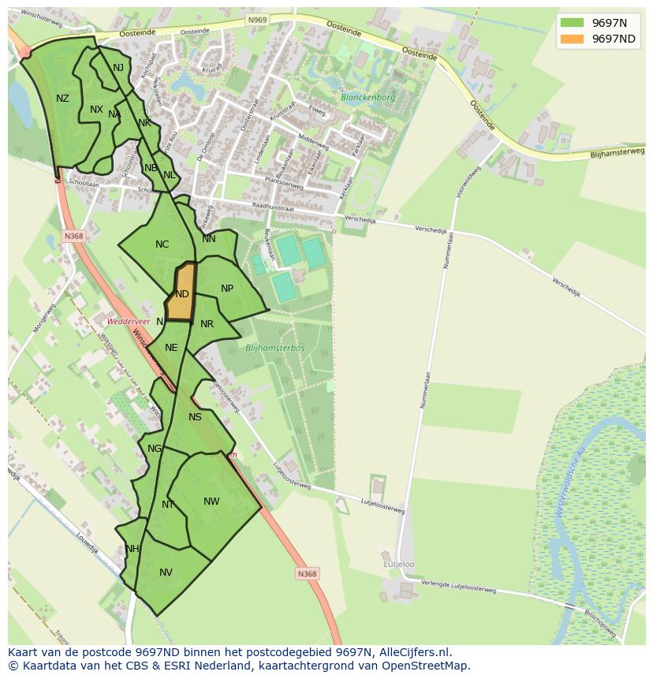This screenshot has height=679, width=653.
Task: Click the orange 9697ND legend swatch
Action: (573, 39)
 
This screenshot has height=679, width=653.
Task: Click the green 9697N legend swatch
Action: (573, 22)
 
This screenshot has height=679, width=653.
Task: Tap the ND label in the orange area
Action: (182, 294)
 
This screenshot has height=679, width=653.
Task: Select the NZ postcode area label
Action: (62, 99)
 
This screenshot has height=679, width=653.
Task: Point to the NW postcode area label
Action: (211, 502)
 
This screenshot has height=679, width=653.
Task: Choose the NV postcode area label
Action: (166, 573)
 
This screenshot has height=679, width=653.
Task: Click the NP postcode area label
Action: (227, 289)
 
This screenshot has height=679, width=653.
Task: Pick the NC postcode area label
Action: (162, 244)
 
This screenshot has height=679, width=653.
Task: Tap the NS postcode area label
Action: (195, 417)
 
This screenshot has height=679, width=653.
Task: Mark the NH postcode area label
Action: (132, 549)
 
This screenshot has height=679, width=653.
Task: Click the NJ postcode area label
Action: (118, 68)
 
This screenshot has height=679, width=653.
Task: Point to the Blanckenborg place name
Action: (368, 98)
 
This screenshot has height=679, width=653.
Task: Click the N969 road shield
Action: (256, 20)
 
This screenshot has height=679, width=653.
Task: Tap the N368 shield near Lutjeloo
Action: (308, 574)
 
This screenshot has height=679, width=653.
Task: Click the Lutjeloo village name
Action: (399, 565)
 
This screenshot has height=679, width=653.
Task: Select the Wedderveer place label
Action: (129, 322)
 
